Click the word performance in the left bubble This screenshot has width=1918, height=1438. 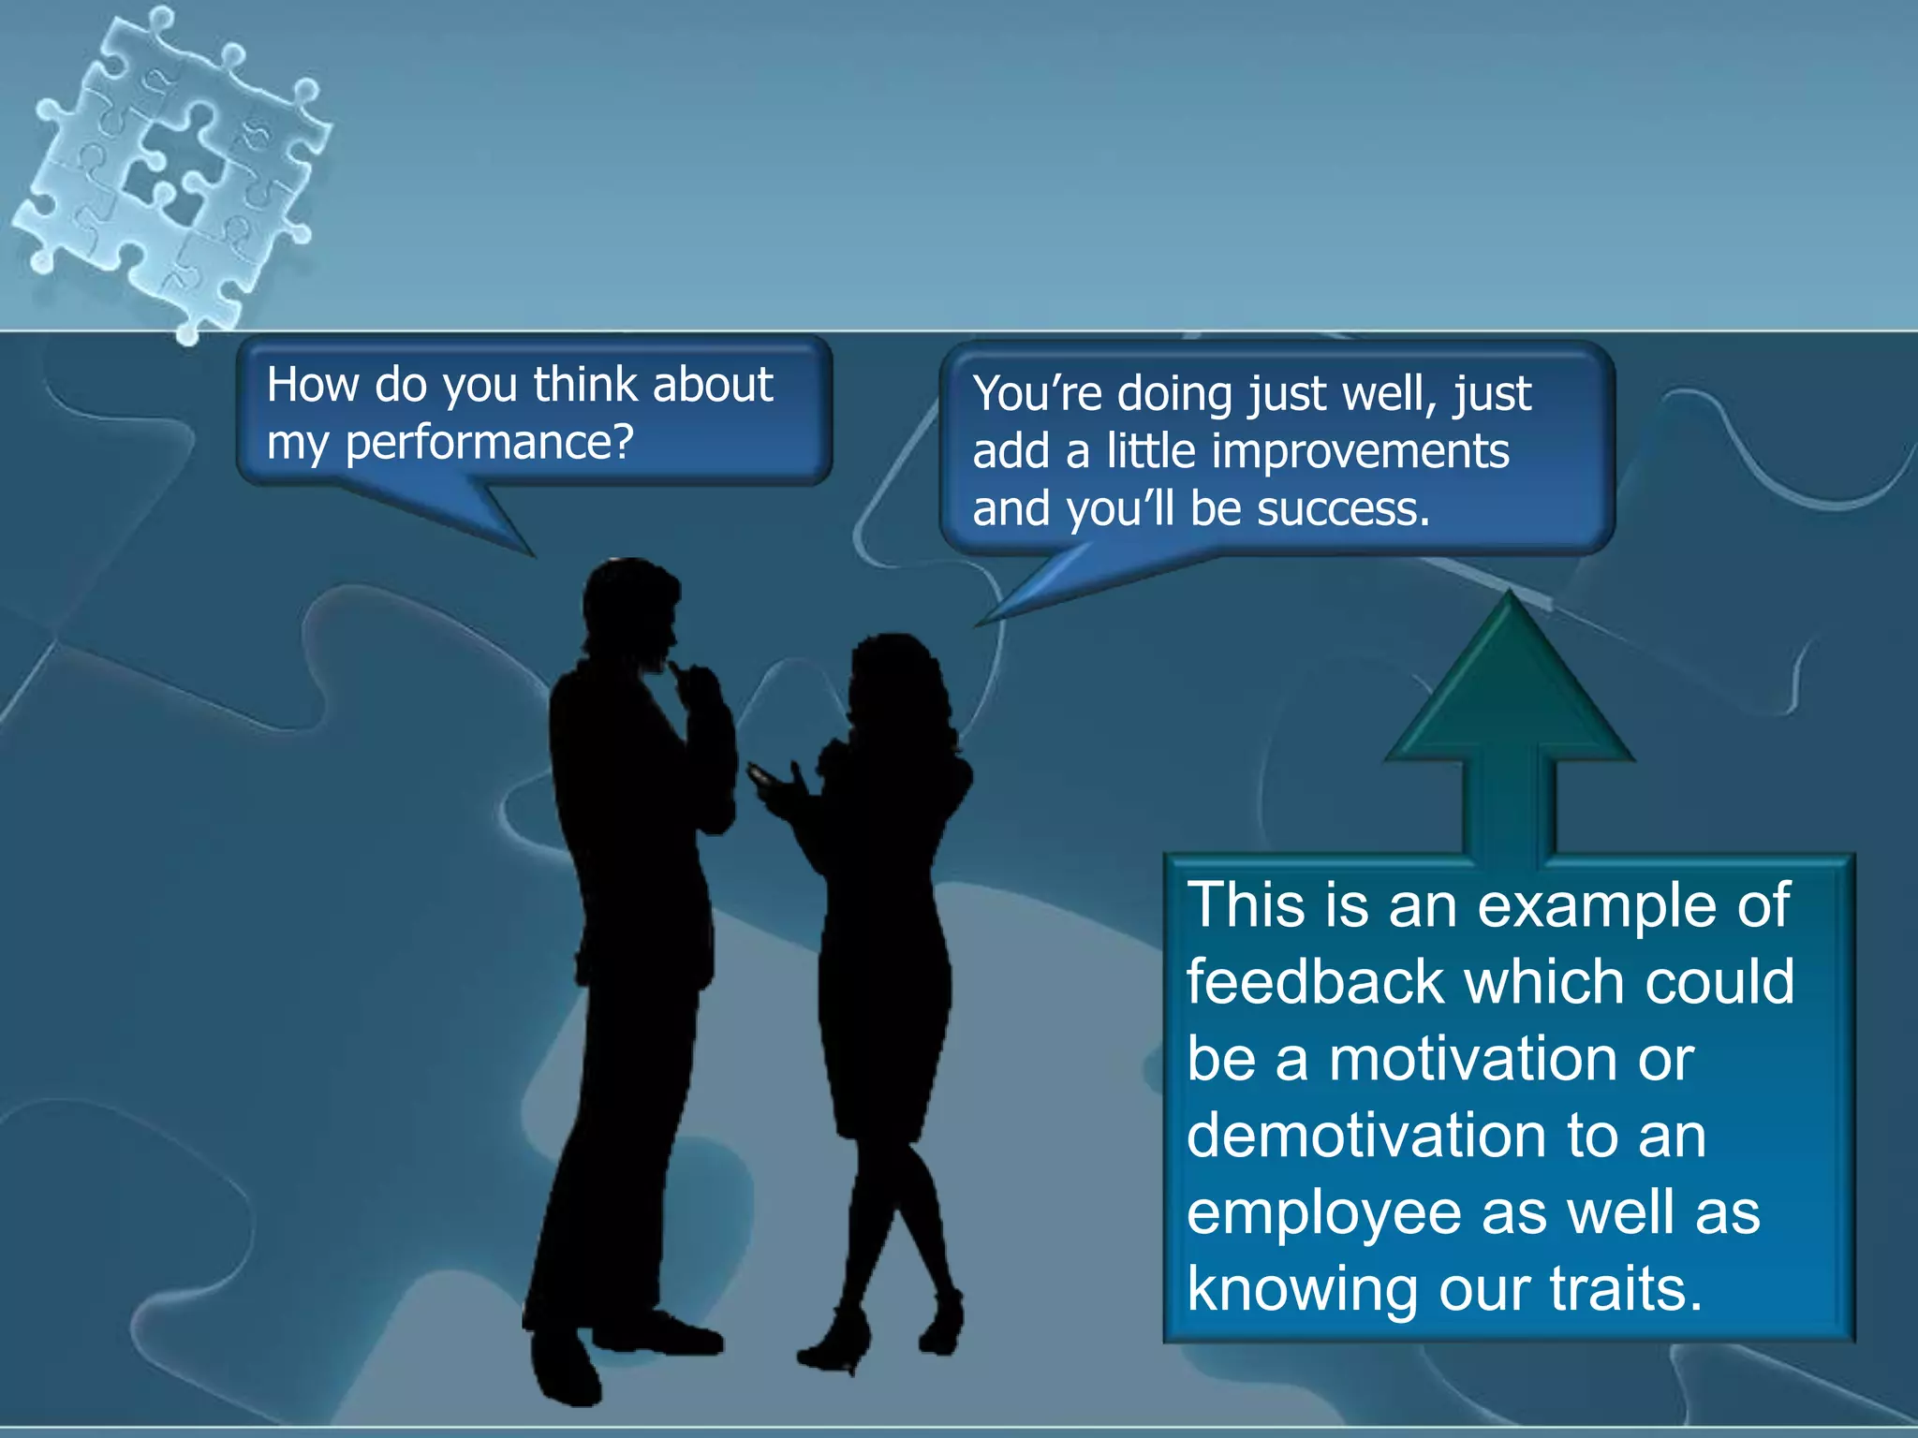(490, 443)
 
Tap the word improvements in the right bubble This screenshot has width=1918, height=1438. (1360, 452)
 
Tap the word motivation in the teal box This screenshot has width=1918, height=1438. (1474, 1059)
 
